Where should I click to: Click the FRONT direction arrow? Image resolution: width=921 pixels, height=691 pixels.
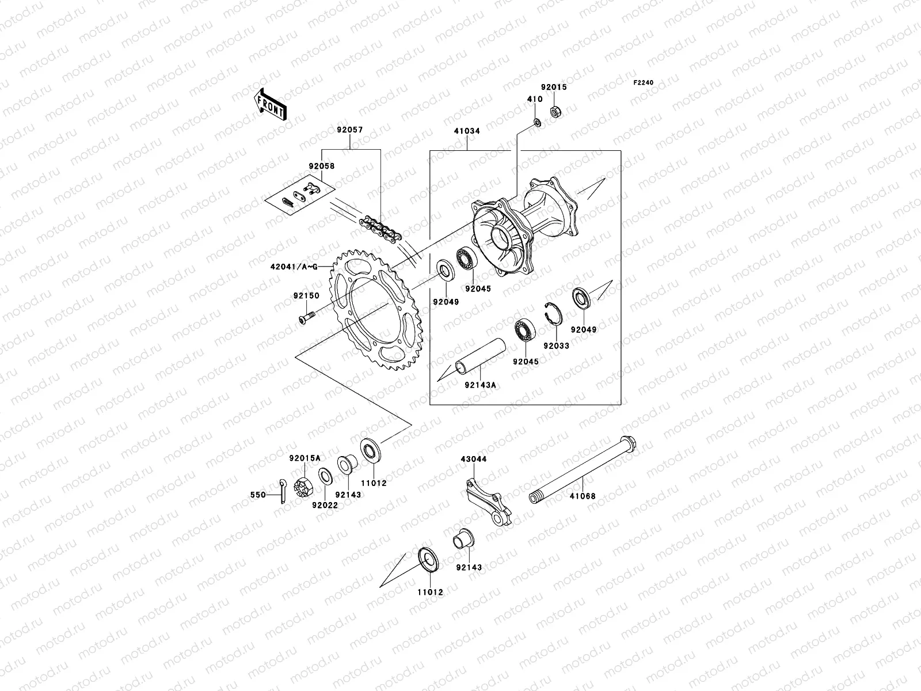click(x=279, y=103)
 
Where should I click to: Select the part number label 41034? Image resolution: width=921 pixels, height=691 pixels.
click(x=466, y=131)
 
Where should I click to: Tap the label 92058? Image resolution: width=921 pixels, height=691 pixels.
click(x=321, y=166)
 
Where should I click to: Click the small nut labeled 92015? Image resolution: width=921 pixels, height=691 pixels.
click(x=556, y=109)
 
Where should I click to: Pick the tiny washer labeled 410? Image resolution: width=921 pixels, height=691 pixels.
click(x=536, y=122)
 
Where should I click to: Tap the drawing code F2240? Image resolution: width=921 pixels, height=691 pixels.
click(x=644, y=83)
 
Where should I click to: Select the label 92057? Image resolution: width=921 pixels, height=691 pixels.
click(x=350, y=131)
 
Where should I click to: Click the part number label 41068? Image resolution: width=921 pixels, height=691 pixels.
click(x=583, y=496)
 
